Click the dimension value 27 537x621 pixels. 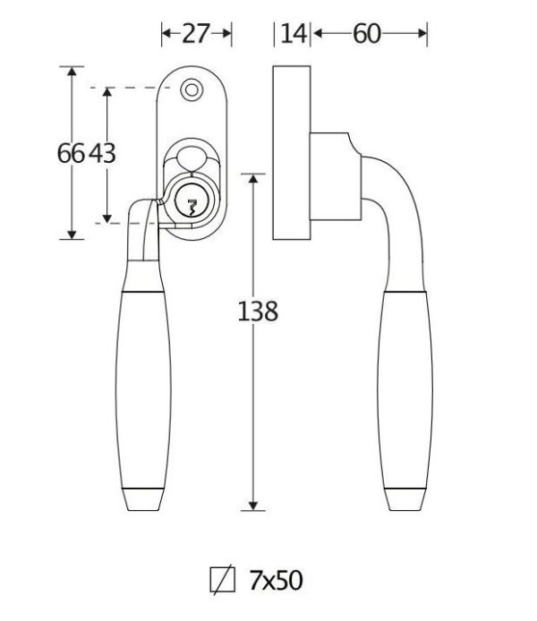196,34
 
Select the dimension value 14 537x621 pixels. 293,34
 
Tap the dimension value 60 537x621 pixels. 367,34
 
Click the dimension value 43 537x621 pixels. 102,153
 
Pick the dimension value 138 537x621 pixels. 258,311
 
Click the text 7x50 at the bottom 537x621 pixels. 275,581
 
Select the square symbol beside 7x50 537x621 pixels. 220,581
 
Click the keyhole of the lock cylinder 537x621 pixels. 191,202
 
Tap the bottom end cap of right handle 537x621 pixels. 406,498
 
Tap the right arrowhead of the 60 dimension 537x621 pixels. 423,34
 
